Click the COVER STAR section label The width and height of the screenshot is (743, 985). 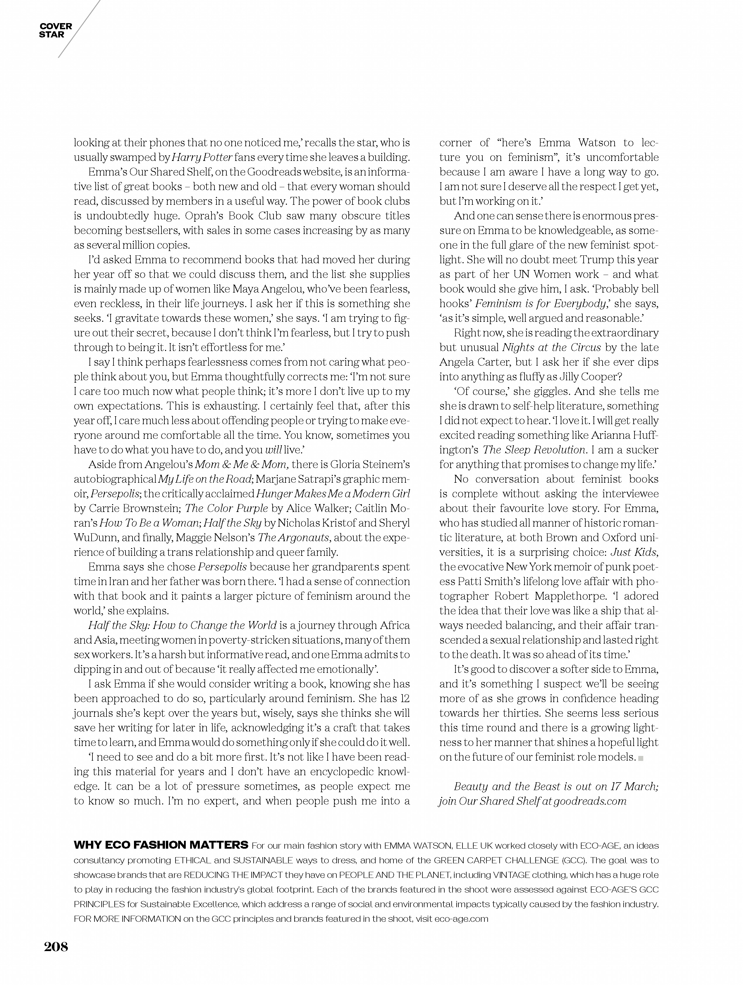tap(55, 30)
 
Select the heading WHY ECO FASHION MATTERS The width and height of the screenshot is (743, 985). tap(161, 845)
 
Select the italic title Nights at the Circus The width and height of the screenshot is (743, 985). tap(552, 347)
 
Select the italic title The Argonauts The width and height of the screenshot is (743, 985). tap(294, 537)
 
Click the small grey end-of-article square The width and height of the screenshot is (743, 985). tap(641, 758)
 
